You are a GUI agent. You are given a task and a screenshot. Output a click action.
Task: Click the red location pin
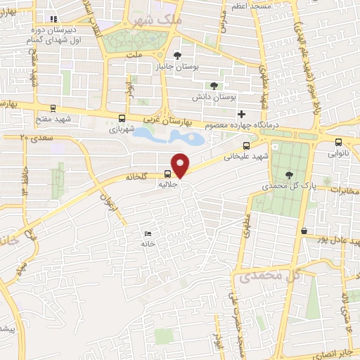point(181,165)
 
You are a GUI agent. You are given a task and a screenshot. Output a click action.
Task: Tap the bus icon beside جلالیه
point(167,174)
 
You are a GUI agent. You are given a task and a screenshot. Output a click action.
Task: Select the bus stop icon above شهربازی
point(123,119)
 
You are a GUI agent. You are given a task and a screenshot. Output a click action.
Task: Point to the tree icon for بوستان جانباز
point(177,55)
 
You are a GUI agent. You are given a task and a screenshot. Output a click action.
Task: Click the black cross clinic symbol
point(241,114)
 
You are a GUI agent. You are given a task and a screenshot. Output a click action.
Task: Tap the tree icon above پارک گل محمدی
point(289,174)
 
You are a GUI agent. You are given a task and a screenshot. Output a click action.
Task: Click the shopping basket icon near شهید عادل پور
point(304,231)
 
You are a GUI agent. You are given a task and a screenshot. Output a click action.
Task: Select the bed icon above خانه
point(147,233)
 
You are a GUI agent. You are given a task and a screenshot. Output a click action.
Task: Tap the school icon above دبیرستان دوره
point(54,20)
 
